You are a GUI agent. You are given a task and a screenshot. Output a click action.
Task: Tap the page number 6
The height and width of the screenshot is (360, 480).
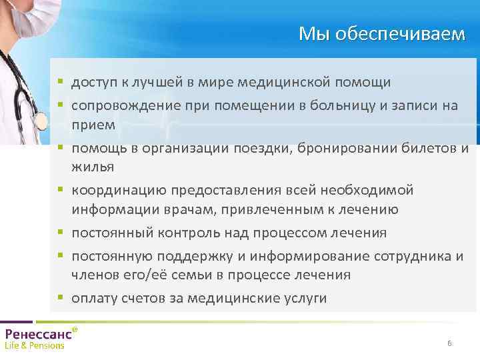coord(449,343)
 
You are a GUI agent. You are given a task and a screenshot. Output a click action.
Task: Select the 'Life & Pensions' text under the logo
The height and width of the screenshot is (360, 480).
coord(35,346)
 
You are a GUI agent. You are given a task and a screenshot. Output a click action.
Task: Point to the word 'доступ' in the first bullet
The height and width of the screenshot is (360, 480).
coord(93,82)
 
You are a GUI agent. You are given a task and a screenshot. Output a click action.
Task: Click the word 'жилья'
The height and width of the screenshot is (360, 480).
coord(93,167)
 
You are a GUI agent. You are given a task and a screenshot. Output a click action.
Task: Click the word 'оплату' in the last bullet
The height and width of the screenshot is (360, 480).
coord(94,299)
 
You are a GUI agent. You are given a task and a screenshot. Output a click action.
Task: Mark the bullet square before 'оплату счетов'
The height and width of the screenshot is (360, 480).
coord(59,297)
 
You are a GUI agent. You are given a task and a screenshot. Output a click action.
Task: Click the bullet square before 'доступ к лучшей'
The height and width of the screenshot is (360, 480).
coord(59,81)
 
